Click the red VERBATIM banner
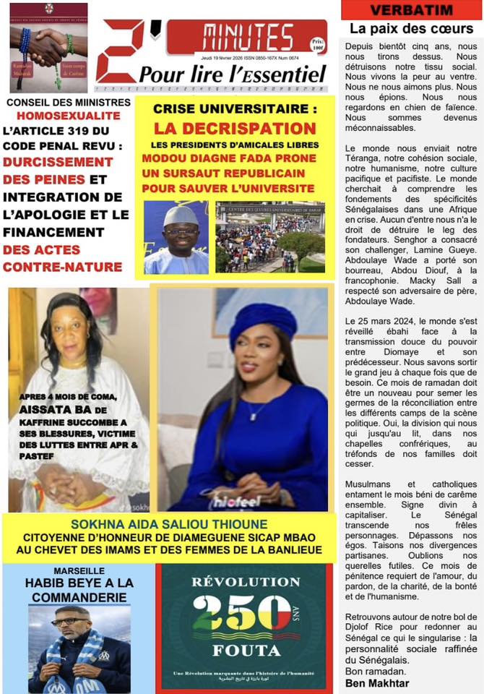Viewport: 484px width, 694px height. (x=411, y=10)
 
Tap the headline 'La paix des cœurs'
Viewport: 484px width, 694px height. (x=411, y=30)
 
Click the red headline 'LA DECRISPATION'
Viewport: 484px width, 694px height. (x=235, y=128)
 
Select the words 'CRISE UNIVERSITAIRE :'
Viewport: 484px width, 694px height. (x=235, y=110)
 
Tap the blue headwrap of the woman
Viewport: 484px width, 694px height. (x=264, y=323)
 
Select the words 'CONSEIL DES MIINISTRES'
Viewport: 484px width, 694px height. (x=69, y=103)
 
